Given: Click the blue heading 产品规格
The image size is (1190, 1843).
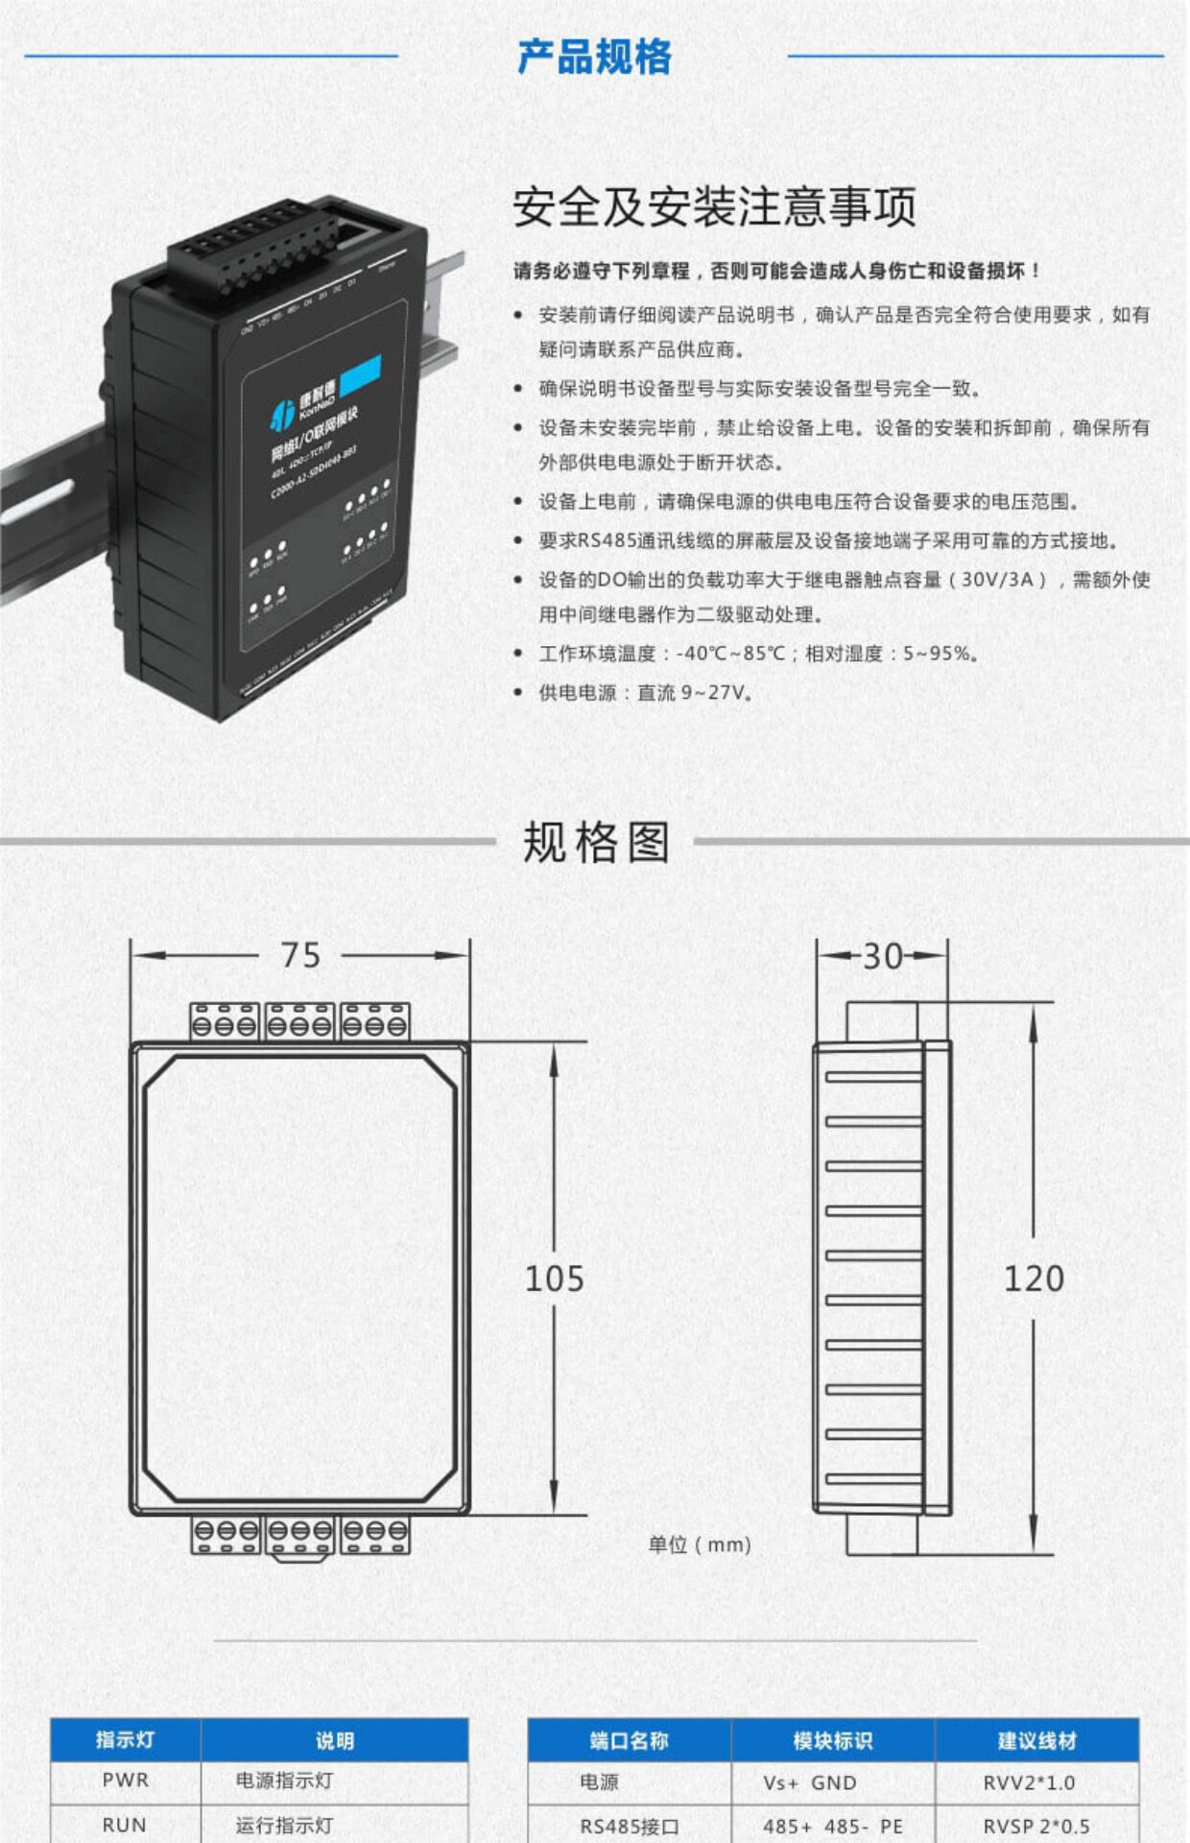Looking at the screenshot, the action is pos(594,57).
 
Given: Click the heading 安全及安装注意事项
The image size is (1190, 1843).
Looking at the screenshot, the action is pos(714,206).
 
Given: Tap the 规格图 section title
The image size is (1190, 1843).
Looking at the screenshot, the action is pos(595,842).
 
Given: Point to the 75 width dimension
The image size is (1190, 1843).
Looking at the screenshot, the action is pos(300,955).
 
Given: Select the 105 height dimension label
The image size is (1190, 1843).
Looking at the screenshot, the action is pos(554,1279).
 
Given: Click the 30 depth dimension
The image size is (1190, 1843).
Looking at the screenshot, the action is pos(882,956).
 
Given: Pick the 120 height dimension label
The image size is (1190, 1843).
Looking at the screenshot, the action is pos(1034,1279).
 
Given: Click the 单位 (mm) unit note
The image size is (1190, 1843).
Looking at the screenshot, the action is pos(699,1544).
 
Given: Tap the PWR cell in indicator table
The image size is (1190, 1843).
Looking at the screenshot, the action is pos(126,1781).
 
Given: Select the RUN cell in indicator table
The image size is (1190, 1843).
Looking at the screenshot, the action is pos(125,1825).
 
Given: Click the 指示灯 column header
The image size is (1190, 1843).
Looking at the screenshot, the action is pos(125,1739).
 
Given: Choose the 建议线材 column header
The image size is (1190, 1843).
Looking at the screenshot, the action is pos(1036,1740).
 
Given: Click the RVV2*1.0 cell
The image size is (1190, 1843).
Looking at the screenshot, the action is pos(1029,1783).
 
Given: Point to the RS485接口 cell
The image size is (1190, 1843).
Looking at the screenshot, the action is pos(629,1826).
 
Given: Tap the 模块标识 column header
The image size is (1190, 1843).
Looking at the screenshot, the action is pos(832,1740).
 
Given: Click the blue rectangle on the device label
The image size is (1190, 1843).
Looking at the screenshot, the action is pos(361,372).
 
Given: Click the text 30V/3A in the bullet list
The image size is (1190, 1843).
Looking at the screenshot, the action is pos(997,580).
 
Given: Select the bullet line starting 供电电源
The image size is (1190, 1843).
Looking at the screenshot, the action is pos(645,692).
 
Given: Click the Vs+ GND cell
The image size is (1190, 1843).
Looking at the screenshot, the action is pos(810,1783).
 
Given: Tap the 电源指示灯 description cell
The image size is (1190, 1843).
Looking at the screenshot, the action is pos(284,1781).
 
